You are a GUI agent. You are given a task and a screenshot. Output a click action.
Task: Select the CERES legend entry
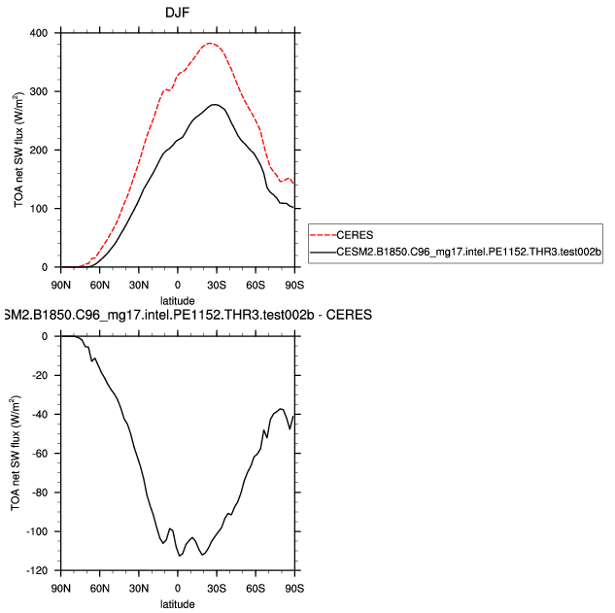click(x=355, y=234)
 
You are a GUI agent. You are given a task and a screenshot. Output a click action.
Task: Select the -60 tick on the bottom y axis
click(x=44, y=454)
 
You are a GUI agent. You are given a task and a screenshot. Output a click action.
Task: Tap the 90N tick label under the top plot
click(x=61, y=285)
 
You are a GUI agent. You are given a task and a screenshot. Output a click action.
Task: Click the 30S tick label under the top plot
click(x=217, y=285)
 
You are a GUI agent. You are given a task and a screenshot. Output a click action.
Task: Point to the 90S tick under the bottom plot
click(x=294, y=588)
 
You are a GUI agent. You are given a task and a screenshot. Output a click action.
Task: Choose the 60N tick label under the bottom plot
click(x=100, y=588)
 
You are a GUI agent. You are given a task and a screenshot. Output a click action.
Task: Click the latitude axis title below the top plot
click(x=178, y=300)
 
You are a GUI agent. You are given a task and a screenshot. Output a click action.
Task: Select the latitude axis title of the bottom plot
click(x=178, y=603)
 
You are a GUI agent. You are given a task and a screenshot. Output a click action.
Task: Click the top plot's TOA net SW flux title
click(x=15, y=151)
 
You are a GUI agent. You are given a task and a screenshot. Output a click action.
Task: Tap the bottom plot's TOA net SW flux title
click(x=15, y=454)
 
